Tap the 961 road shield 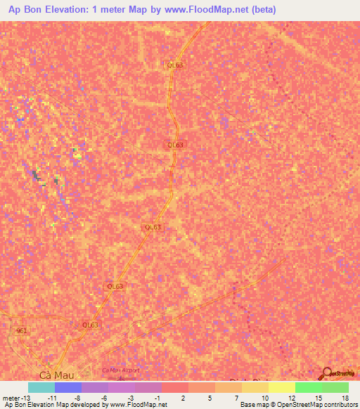tap(20, 330)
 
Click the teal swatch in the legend tap(41, 387)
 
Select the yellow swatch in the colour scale tap(282, 387)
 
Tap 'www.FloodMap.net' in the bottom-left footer tap(136, 405)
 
